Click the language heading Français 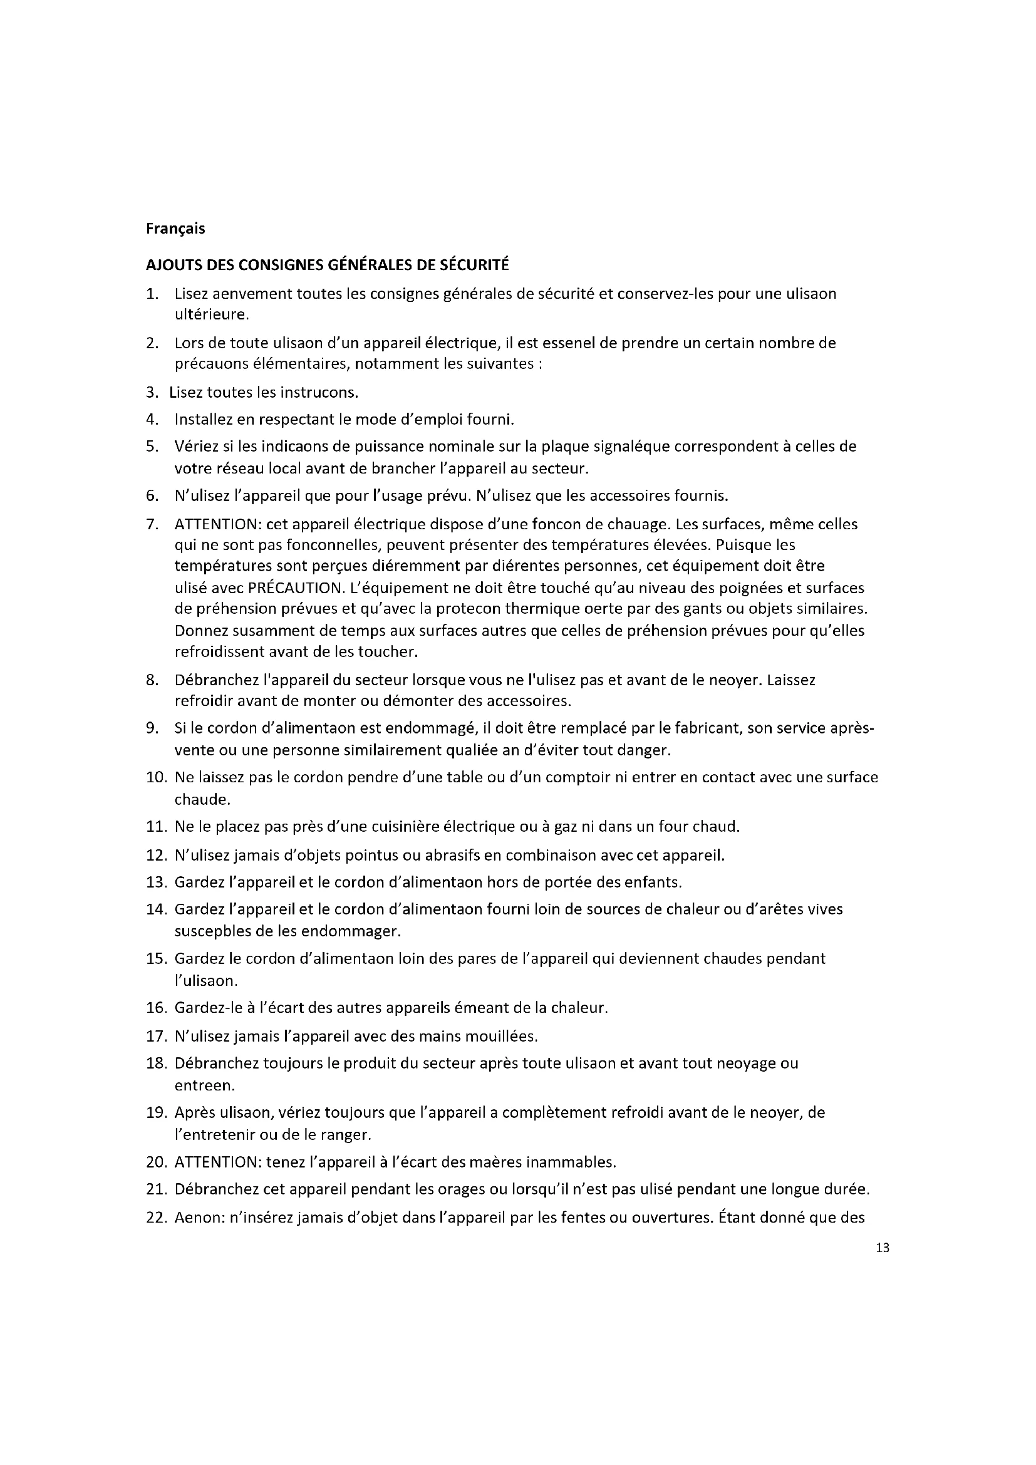click(x=175, y=229)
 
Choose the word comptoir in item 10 click(x=569, y=777)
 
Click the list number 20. click(x=156, y=1162)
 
